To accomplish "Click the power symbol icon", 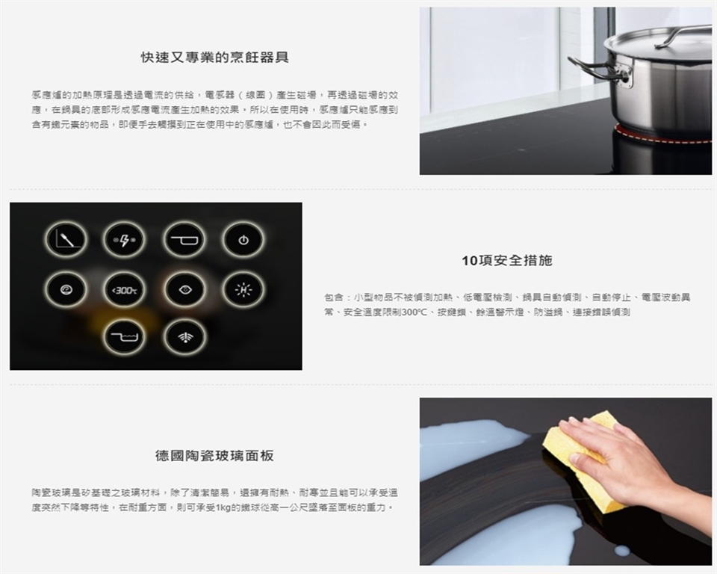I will [x=243, y=240].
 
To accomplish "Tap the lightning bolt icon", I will [x=124, y=240].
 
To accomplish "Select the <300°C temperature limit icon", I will [x=124, y=289].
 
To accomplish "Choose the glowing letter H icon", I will [x=243, y=289].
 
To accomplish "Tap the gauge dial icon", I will [x=66, y=289].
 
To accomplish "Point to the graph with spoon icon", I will [x=66, y=240].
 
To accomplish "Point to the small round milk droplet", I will [x=621, y=551].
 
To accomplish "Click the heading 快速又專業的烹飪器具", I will [x=215, y=58].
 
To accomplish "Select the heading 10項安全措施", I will [x=507, y=261].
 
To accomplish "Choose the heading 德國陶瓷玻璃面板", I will [x=215, y=455].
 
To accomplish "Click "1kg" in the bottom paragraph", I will [x=221, y=507].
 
